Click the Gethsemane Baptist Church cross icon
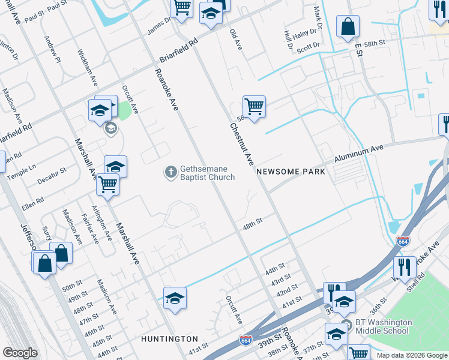pyautogui.click(x=170, y=172)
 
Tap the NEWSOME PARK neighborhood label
pyautogui.click(x=291, y=172)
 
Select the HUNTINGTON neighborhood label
pyautogui.click(x=169, y=339)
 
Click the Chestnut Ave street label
pyautogui.click(x=241, y=144)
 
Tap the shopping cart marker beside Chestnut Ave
pyautogui.click(x=254, y=107)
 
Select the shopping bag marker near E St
pyautogui.click(x=348, y=26)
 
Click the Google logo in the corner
pyautogui.click(x=19, y=353)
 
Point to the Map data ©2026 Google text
pyautogui.click(x=411, y=355)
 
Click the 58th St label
pyautogui.click(x=373, y=44)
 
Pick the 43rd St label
pyautogui.click(x=281, y=281)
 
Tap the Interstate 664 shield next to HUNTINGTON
pyautogui.click(x=246, y=340)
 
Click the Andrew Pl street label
pyautogui.click(x=53, y=49)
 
